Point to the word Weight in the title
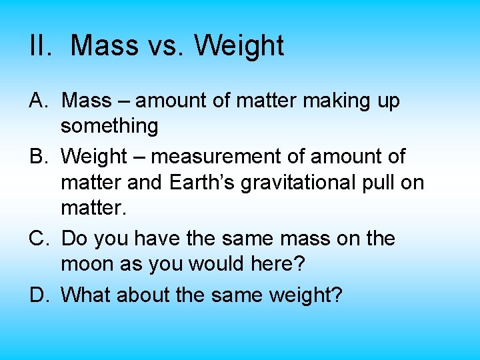239,46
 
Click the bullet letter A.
39,101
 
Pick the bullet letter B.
39,157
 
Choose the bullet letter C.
39,239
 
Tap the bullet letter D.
39,294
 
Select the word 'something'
109,126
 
